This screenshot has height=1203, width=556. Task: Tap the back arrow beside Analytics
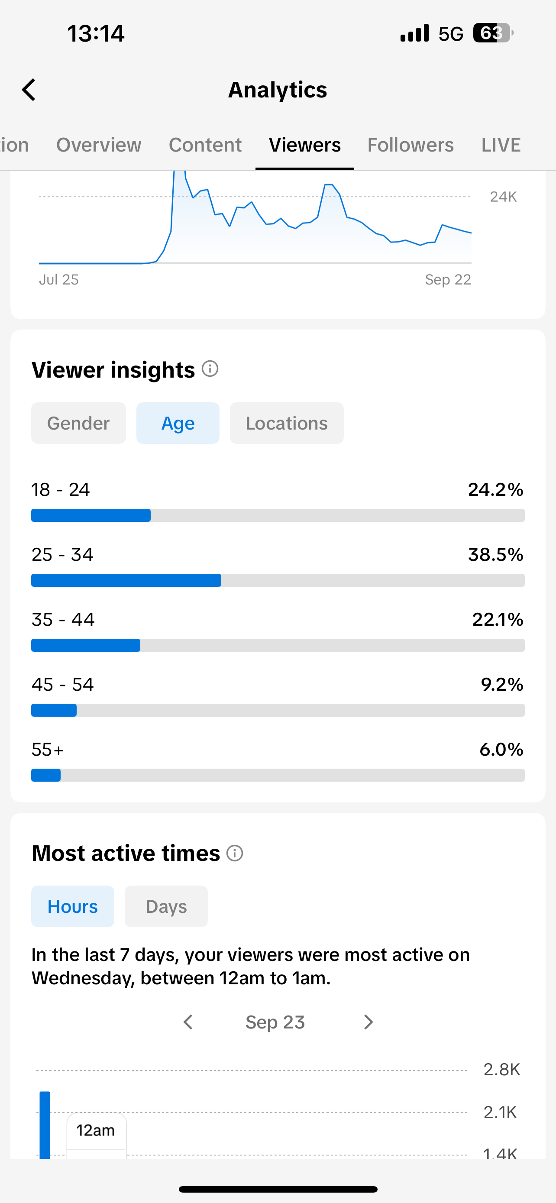29,90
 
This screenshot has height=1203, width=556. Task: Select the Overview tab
98,145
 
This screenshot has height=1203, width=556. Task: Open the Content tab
205,145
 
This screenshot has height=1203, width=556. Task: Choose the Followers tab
411,145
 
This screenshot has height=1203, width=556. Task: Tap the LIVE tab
501,145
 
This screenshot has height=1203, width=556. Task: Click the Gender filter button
78,423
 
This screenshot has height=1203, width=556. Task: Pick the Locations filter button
287,423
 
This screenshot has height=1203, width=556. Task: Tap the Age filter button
178,423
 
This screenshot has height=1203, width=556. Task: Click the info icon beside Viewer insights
210,369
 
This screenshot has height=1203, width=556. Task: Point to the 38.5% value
495,555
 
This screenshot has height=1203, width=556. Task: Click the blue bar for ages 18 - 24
91,515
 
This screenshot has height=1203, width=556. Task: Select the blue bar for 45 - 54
54,710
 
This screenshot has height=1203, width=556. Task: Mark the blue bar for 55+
46,775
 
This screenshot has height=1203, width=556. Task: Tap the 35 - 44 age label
63,620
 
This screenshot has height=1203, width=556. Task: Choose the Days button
166,906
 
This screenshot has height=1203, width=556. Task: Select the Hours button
73,906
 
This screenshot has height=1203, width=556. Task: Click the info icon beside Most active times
235,853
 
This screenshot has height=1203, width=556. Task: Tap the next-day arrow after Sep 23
369,1022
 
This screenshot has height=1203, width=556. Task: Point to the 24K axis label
503,197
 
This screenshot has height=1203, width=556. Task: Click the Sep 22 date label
448,280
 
